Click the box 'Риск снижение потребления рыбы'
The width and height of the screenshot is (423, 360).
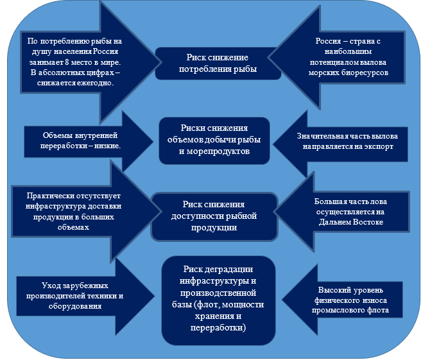(x=218, y=63)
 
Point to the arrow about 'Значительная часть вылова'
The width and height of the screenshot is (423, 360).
(x=347, y=141)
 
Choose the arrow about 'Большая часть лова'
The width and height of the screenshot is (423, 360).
(x=350, y=212)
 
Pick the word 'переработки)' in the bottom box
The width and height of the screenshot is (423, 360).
(x=218, y=327)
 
